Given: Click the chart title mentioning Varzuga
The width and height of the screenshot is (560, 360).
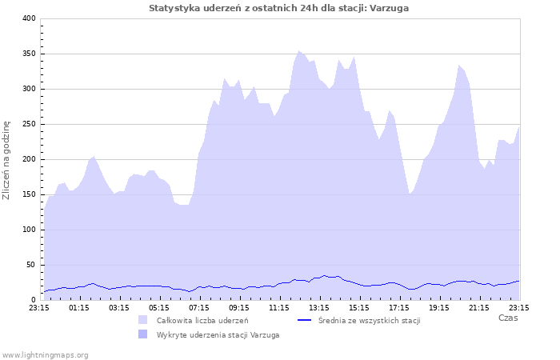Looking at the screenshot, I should click(283, 8).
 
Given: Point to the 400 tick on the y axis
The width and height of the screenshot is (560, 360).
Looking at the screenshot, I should click(29, 18).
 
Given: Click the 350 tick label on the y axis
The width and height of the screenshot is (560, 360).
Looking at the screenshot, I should click(29, 54).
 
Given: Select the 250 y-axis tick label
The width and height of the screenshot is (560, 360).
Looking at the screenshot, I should click(29, 124).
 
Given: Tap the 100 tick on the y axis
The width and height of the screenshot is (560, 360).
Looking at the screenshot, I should click(29, 230).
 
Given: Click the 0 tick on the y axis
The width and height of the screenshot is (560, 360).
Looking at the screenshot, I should click(34, 300).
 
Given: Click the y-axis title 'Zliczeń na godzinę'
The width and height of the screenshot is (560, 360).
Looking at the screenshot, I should click(7, 160).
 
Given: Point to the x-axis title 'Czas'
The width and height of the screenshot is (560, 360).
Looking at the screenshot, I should click(507, 318).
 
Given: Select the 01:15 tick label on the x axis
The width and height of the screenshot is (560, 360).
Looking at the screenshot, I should click(78, 306).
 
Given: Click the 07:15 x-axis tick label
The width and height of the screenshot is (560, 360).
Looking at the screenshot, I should click(198, 306).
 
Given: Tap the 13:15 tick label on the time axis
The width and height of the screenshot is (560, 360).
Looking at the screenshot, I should click(318, 306).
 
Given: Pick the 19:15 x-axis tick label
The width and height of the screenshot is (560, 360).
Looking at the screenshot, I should click(438, 306).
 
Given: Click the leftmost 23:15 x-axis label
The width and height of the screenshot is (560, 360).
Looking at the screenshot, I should click(38, 306).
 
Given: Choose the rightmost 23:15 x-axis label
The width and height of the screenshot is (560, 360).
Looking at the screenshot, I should click(518, 306).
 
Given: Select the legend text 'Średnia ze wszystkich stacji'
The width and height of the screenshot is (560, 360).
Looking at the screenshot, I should click(369, 320).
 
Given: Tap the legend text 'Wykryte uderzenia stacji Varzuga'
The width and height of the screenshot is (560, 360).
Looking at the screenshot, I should click(218, 334).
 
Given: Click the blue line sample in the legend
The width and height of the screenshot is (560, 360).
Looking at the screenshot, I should click(304, 320).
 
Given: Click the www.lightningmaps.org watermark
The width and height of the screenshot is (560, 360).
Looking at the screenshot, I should click(46, 354).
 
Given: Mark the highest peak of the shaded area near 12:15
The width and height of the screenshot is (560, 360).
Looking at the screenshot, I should click(299, 50).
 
